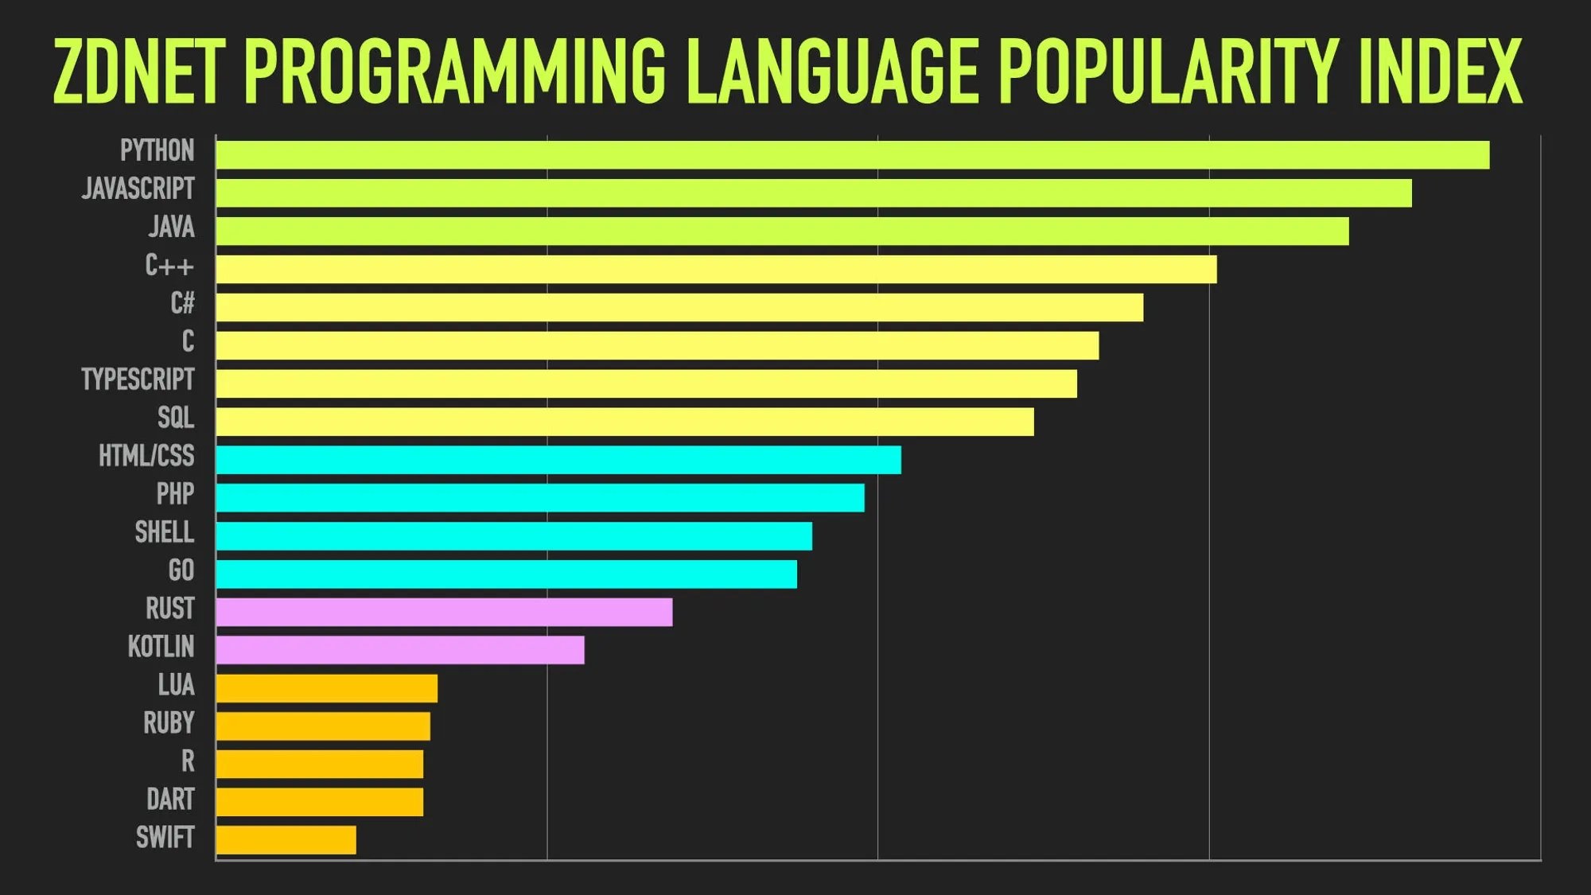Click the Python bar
pos(852,154)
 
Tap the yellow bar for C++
pos(716,269)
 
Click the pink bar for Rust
pos(444,612)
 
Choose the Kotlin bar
pos(400,650)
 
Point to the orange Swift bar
pos(286,840)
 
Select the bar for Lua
pos(327,688)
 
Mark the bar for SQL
pos(624,422)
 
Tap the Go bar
pos(506,574)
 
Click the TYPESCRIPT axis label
pos(138,379)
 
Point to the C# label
pos(182,303)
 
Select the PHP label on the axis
pos(175,494)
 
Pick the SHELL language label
pos(164,532)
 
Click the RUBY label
pos(169,723)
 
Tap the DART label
pos(170,800)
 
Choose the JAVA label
pos(171,228)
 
